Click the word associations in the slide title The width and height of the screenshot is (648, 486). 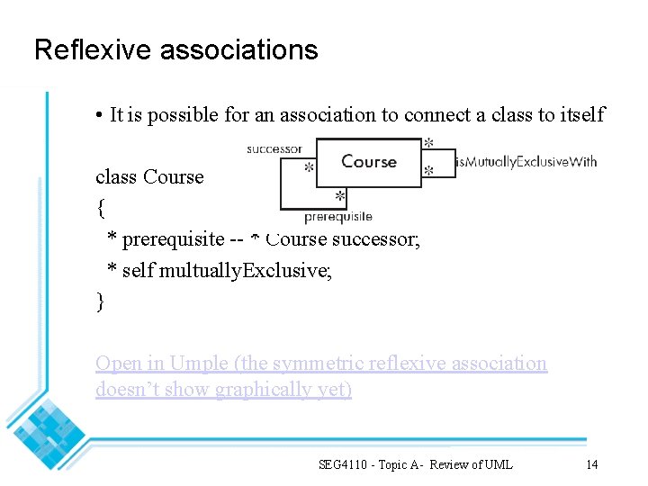(x=238, y=49)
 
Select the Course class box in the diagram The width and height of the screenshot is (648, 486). (x=368, y=163)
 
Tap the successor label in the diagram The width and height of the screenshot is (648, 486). (x=274, y=148)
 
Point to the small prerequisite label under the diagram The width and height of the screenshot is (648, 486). (x=337, y=217)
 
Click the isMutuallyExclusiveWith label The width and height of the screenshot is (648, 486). (x=526, y=162)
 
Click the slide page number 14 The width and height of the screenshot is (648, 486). (x=591, y=464)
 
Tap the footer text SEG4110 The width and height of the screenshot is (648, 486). (x=346, y=464)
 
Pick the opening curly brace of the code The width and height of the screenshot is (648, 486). (x=100, y=210)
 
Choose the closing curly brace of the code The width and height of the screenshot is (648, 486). (x=100, y=301)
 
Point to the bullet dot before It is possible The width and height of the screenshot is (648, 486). (x=97, y=115)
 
